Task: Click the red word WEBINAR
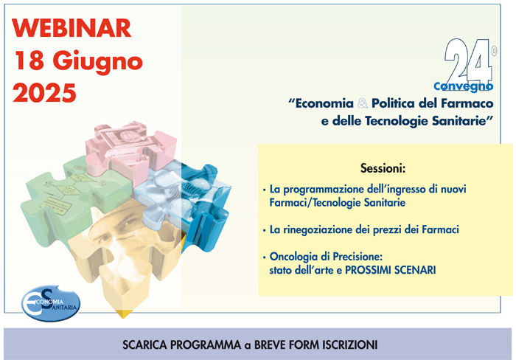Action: click(72, 28)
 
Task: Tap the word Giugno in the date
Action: click(97, 62)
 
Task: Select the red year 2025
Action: click(44, 92)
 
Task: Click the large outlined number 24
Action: click(468, 60)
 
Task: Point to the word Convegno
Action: click(464, 86)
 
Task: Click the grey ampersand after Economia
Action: click(363, 103)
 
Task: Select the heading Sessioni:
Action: click(383, 168)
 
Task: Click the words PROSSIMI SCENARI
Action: click(390, 270)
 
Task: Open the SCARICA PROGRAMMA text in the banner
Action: click(181, 345)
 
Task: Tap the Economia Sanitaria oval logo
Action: click(51, 303)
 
